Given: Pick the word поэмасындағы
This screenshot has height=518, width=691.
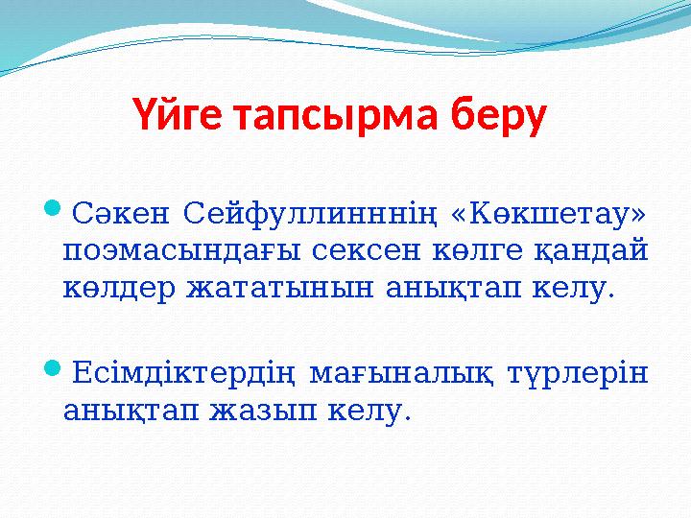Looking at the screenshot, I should [170, 250].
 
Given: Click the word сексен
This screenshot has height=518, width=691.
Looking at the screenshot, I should [345, 250].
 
